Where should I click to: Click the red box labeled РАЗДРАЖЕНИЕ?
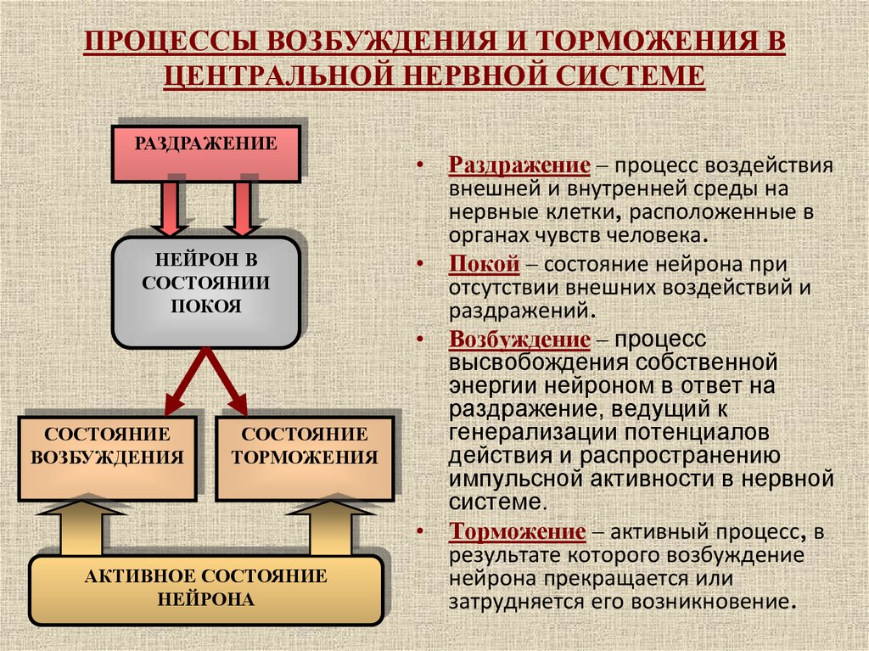[x=206, y=154]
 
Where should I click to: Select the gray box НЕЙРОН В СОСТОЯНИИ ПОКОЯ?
[x=206, y=292]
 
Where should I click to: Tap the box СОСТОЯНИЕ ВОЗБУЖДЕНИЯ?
[x=108, y=458]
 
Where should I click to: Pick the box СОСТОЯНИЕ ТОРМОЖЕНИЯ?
[x=305, y=458]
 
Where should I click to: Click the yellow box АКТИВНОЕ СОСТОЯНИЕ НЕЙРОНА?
[x=206, y=590]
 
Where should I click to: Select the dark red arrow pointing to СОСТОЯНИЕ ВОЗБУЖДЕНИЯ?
[x=186, y=381]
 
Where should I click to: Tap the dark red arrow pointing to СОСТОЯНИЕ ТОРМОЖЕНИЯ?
[x=227, y=381]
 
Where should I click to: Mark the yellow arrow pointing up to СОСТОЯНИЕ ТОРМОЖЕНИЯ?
[x=331, y=528]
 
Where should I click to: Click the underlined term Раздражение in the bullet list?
[x=519, y=166]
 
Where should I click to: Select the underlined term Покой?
[x=485, y=264]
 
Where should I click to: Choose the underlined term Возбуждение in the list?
[x=519, y=340]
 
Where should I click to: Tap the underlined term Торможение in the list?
[x=517, y=531]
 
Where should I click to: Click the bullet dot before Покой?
[x=421, y=264]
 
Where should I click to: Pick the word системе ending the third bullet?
[x=497, y=502]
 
